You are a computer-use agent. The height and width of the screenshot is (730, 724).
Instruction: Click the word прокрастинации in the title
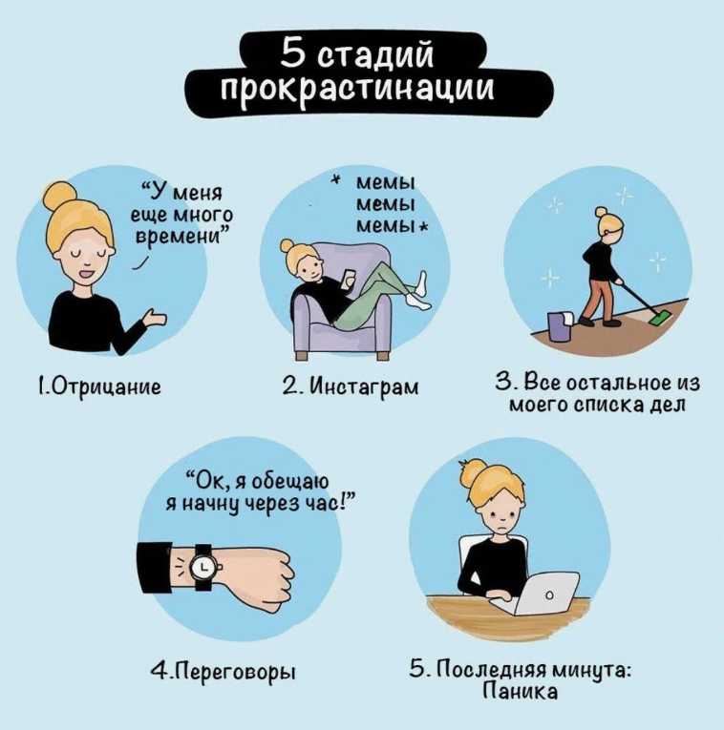tap(357, 88)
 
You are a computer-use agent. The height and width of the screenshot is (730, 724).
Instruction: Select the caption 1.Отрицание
tap(99, 386)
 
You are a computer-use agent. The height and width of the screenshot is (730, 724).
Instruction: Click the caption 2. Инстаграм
tap(351, 386)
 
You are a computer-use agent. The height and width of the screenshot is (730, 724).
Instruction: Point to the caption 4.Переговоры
tap(224, 672)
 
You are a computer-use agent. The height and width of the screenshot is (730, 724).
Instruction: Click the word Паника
tap(520, 691)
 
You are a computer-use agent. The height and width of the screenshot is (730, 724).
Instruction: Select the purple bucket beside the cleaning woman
tap(559, 326)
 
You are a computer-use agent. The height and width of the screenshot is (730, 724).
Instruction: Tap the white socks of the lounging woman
tap(419, 291)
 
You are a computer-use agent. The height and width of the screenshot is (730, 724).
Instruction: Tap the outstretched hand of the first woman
tap(155, 320)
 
